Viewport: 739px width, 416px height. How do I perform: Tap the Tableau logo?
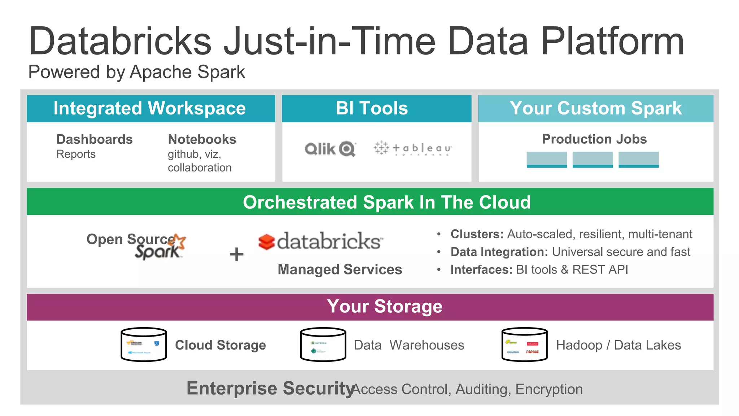coord(413,148)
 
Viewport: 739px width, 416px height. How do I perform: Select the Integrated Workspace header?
coord(150,108)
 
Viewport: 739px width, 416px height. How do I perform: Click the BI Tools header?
coord(372,108)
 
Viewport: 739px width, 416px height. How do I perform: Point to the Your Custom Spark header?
coord(595,108)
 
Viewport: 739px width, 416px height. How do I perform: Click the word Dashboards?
coord(95,139)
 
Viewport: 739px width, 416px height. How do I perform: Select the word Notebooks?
coord(202,139)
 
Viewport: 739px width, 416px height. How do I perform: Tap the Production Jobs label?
coord(594,139)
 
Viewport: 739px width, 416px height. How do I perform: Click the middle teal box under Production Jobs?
coord(592,159)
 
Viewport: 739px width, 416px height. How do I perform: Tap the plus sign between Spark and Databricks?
coord(236,254)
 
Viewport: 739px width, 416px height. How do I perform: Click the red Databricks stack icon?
coord(267,242)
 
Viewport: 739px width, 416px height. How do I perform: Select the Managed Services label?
coord(340,269)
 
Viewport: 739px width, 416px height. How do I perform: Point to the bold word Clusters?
coord(477,234)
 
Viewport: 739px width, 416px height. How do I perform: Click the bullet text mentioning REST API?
coord(539,269)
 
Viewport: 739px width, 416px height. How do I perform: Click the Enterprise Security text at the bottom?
coord(270,389)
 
